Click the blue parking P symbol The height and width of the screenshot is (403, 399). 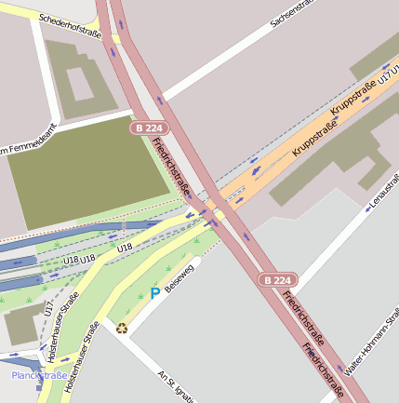pyautogui.click(x=154, y=294)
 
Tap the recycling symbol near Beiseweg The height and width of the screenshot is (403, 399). pyautogui.click(x=122, y=327)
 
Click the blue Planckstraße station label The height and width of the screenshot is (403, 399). pyautogui.click(x=38, y=375)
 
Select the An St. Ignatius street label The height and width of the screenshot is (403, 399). pyautogui.click(x=177, y=385)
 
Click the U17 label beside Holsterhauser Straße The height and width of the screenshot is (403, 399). pyautogui.click(x=48, y=310)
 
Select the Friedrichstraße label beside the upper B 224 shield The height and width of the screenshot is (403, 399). pyautogui.click(x=172, y=168)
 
